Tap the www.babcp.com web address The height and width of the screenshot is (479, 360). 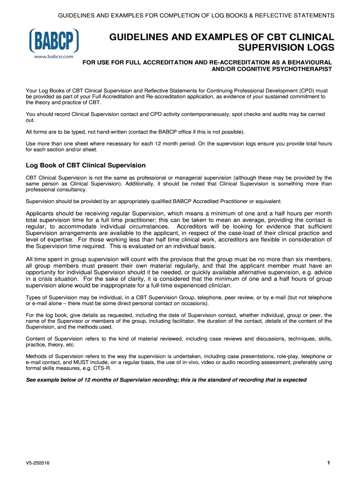pos(54,56)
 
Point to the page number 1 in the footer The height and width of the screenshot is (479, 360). pos(329,463)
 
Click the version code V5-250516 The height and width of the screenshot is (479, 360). pos(38,464)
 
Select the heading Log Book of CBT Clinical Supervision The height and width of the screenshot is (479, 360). pos(86,165)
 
